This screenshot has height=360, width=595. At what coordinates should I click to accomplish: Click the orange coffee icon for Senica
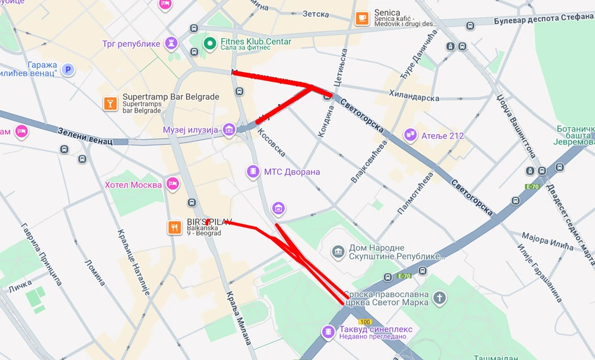(x=362, y=18)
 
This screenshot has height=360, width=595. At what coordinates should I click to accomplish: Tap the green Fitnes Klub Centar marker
(x=210, y=43)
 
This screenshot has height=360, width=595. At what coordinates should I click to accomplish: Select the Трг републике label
(x=131, y=44)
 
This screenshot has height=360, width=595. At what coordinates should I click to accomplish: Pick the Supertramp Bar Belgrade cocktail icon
(x=110, y=103)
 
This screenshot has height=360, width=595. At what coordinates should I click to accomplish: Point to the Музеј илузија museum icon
(x=229, y=130)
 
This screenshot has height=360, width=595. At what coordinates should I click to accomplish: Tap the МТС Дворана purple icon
(x=253, y=171)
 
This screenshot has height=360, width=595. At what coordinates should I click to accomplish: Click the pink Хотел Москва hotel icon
(x=172, y=184)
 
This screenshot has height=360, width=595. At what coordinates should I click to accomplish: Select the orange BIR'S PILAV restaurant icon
(x=175, y=227)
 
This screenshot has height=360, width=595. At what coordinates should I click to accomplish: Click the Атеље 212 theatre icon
(x=411, y=135)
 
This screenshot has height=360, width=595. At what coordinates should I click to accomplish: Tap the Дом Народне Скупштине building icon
(x=339, y=252)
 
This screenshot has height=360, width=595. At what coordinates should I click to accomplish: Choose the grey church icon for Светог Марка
(x=439, y=297)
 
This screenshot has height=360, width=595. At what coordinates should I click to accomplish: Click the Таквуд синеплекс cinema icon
(x=328, y=332)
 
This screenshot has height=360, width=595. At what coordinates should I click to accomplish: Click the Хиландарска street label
(x=415, y=98)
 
